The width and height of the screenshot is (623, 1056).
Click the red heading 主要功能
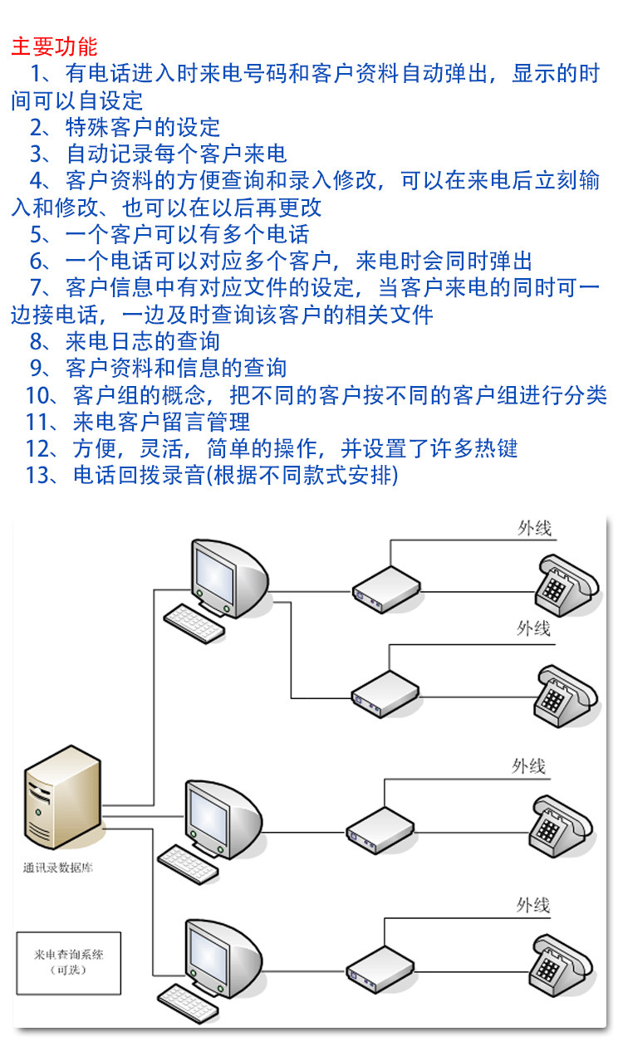click(54, 46)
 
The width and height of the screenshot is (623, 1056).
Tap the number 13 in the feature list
click(37, 475)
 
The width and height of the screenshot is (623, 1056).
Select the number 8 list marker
click(37, 342)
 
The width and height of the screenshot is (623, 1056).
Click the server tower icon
click(63, 797)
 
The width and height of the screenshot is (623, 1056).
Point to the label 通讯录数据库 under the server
click(58, 868)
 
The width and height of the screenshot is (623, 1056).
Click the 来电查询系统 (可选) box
click(69, 963)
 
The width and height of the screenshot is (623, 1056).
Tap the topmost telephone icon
click(567, 586)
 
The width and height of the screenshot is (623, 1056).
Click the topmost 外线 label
click(535, 529)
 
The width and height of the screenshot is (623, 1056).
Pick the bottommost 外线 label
click(533, 905)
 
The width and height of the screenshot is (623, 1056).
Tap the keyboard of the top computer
click(194, 623)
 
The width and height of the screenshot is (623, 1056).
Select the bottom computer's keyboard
click(189, 1005)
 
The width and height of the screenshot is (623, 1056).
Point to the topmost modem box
click(386, 589)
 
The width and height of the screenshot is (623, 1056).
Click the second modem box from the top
click(385, 694)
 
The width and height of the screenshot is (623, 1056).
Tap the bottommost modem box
click(380, 970)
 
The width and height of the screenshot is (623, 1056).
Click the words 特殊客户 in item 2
click(110, 127)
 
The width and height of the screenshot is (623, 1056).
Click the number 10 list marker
click(37, 395)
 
